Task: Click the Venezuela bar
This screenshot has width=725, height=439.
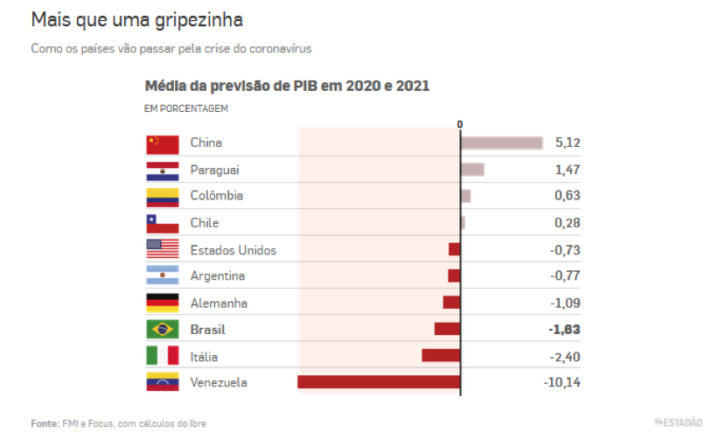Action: pos(379,382)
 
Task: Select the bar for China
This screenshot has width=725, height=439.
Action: pos(501,143)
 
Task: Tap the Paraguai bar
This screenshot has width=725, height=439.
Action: pos(472,170)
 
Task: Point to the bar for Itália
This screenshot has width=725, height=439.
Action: pos(441,356)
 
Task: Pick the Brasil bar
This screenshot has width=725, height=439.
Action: pos(447,329)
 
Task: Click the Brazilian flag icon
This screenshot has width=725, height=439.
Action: pos(163,330)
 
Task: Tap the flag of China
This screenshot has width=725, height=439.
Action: pos(163,143)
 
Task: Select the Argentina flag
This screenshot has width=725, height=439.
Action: pos(163,276)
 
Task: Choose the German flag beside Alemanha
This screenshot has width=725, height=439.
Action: pos(163,303)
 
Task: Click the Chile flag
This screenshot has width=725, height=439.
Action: pos(163,223)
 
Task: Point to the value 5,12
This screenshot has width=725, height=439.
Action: pos(568,143)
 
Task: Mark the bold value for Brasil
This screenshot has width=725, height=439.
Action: pos(565,330)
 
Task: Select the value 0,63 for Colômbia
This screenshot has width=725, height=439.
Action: pos(568,196)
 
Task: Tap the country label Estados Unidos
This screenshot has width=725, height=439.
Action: pos(233,250)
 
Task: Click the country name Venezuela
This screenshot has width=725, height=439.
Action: pos(219,382)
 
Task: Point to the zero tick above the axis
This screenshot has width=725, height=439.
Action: pos(460,124)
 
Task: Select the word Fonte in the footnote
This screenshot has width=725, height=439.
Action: pos(45,423)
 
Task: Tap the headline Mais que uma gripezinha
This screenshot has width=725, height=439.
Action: pos(136,18)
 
